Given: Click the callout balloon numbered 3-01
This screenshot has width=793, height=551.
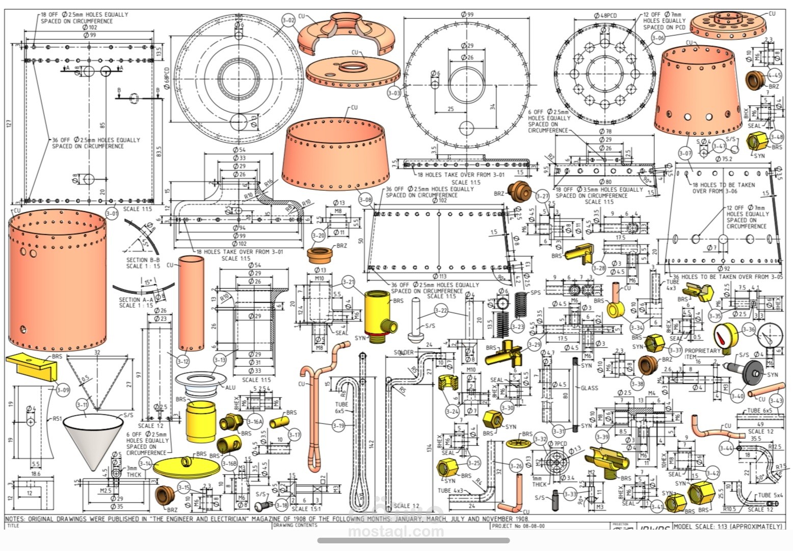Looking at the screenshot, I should (x=112, y=213).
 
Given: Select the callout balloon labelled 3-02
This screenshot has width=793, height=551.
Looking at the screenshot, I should (x=288, y=21).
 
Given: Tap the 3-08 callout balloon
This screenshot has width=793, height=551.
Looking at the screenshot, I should (x=365, y=199).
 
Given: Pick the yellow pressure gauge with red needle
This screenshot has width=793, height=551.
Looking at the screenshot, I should (x=726, y=336).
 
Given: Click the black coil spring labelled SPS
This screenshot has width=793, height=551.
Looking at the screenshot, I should (x=519, y=305).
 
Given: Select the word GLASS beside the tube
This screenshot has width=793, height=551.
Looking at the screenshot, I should (x=589, y=388).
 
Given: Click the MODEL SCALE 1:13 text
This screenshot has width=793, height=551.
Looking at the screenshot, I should (x=727, y=526).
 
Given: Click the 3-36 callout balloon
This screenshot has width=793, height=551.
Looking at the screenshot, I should (x=749, y=330).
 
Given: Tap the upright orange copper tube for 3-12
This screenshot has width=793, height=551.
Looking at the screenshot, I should (x=191, y=303).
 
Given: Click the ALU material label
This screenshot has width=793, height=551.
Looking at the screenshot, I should (x=230, y=388).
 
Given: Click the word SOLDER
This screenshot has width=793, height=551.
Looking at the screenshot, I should (x=404, y=352).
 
